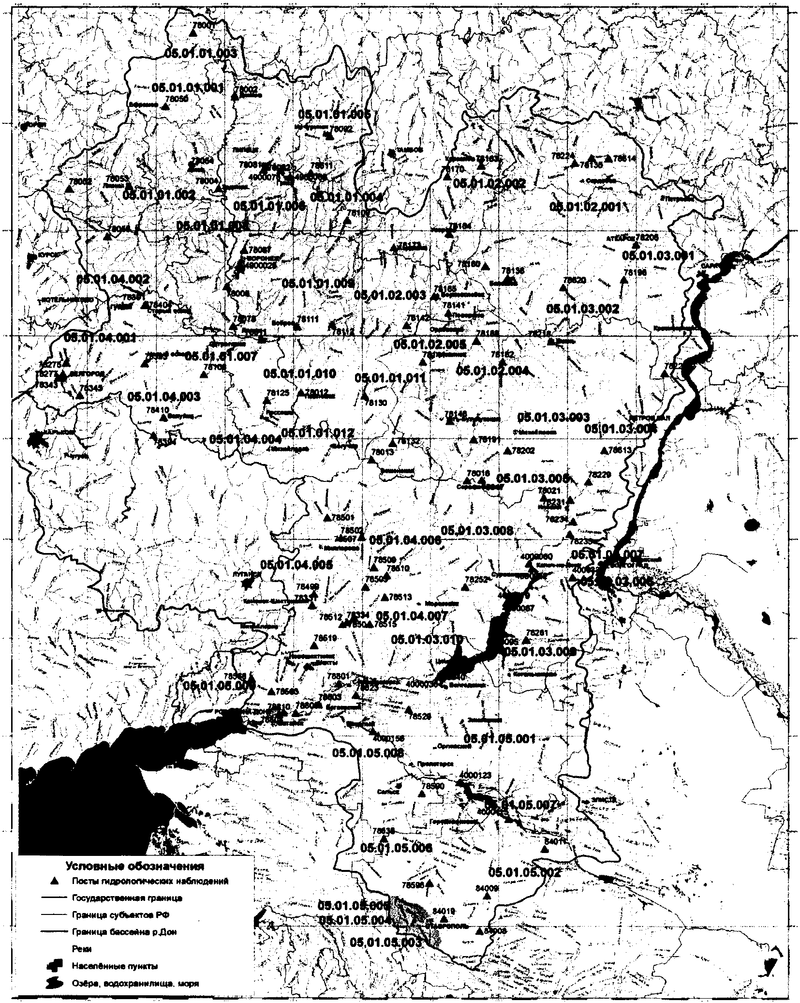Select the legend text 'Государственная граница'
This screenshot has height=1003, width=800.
126,898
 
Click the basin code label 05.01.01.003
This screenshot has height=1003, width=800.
201,53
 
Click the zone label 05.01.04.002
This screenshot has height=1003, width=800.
113,280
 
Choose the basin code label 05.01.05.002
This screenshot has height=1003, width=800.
525,873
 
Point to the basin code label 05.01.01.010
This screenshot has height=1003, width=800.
299,374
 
